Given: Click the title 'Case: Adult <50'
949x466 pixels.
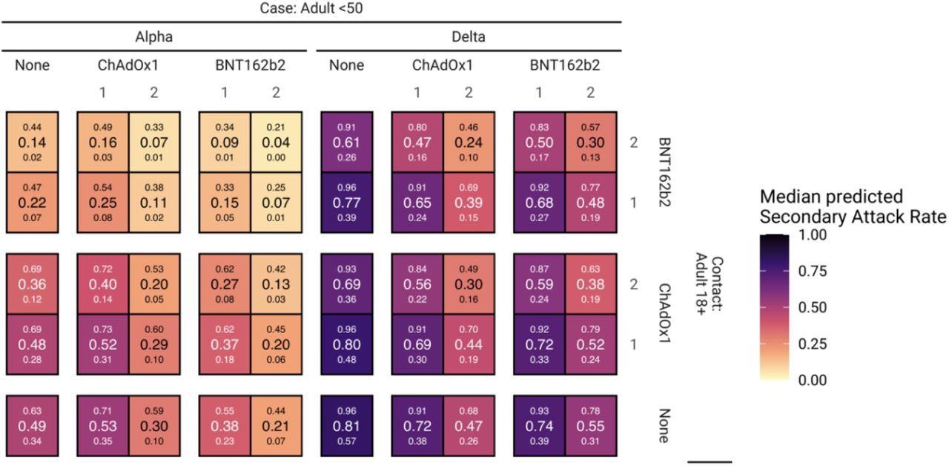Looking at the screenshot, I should click(x=311, y=9).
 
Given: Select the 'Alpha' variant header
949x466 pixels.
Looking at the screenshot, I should click(x=153, y=36).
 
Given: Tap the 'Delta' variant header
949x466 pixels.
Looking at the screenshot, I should click(x=468, y=36).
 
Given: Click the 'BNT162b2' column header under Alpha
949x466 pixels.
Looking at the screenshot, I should click(x=250, y=65).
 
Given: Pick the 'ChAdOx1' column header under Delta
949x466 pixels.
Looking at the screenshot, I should click(x=443, y=65).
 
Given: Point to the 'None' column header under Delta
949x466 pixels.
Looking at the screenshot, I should click(x=346, y=65).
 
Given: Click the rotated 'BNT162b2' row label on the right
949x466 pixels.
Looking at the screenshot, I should click(x=664, y=171).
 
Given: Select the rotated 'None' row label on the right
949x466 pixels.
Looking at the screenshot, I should click(x=664, y=426).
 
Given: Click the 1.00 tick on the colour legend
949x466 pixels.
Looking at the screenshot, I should click(x=816, y=235).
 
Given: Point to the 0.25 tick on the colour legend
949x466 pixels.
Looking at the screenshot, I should click(x=816, y=344).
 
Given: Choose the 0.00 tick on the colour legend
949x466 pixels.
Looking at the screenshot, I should click(x=816, y=381).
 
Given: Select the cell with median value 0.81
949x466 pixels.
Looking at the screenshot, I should click(x=346, y=426).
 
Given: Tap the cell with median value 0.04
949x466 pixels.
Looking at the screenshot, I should click(x=276, y=142).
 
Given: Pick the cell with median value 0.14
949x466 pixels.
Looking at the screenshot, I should click(x=33, y=142).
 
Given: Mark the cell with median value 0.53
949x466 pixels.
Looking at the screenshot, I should click(x=102, y=426).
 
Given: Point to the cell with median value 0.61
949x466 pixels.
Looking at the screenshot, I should click(x=346, y=142).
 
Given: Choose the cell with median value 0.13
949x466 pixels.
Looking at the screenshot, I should click(x=276, y=283).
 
